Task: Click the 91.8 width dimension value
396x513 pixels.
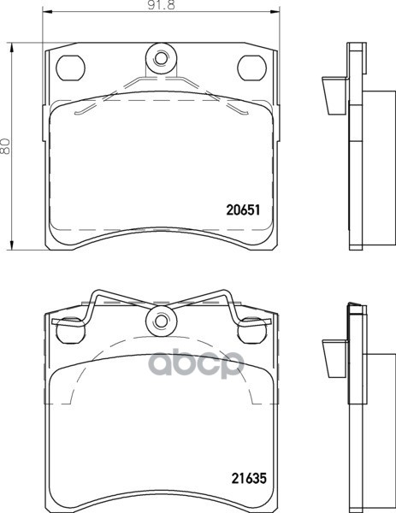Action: tap(162, 8)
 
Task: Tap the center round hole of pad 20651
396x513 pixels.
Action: tap(160, 59)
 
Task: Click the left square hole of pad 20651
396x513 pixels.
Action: tap(70, 66)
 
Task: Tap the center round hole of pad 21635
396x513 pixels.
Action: tap(160, 322)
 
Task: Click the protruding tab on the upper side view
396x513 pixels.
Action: tap(329, 96)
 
